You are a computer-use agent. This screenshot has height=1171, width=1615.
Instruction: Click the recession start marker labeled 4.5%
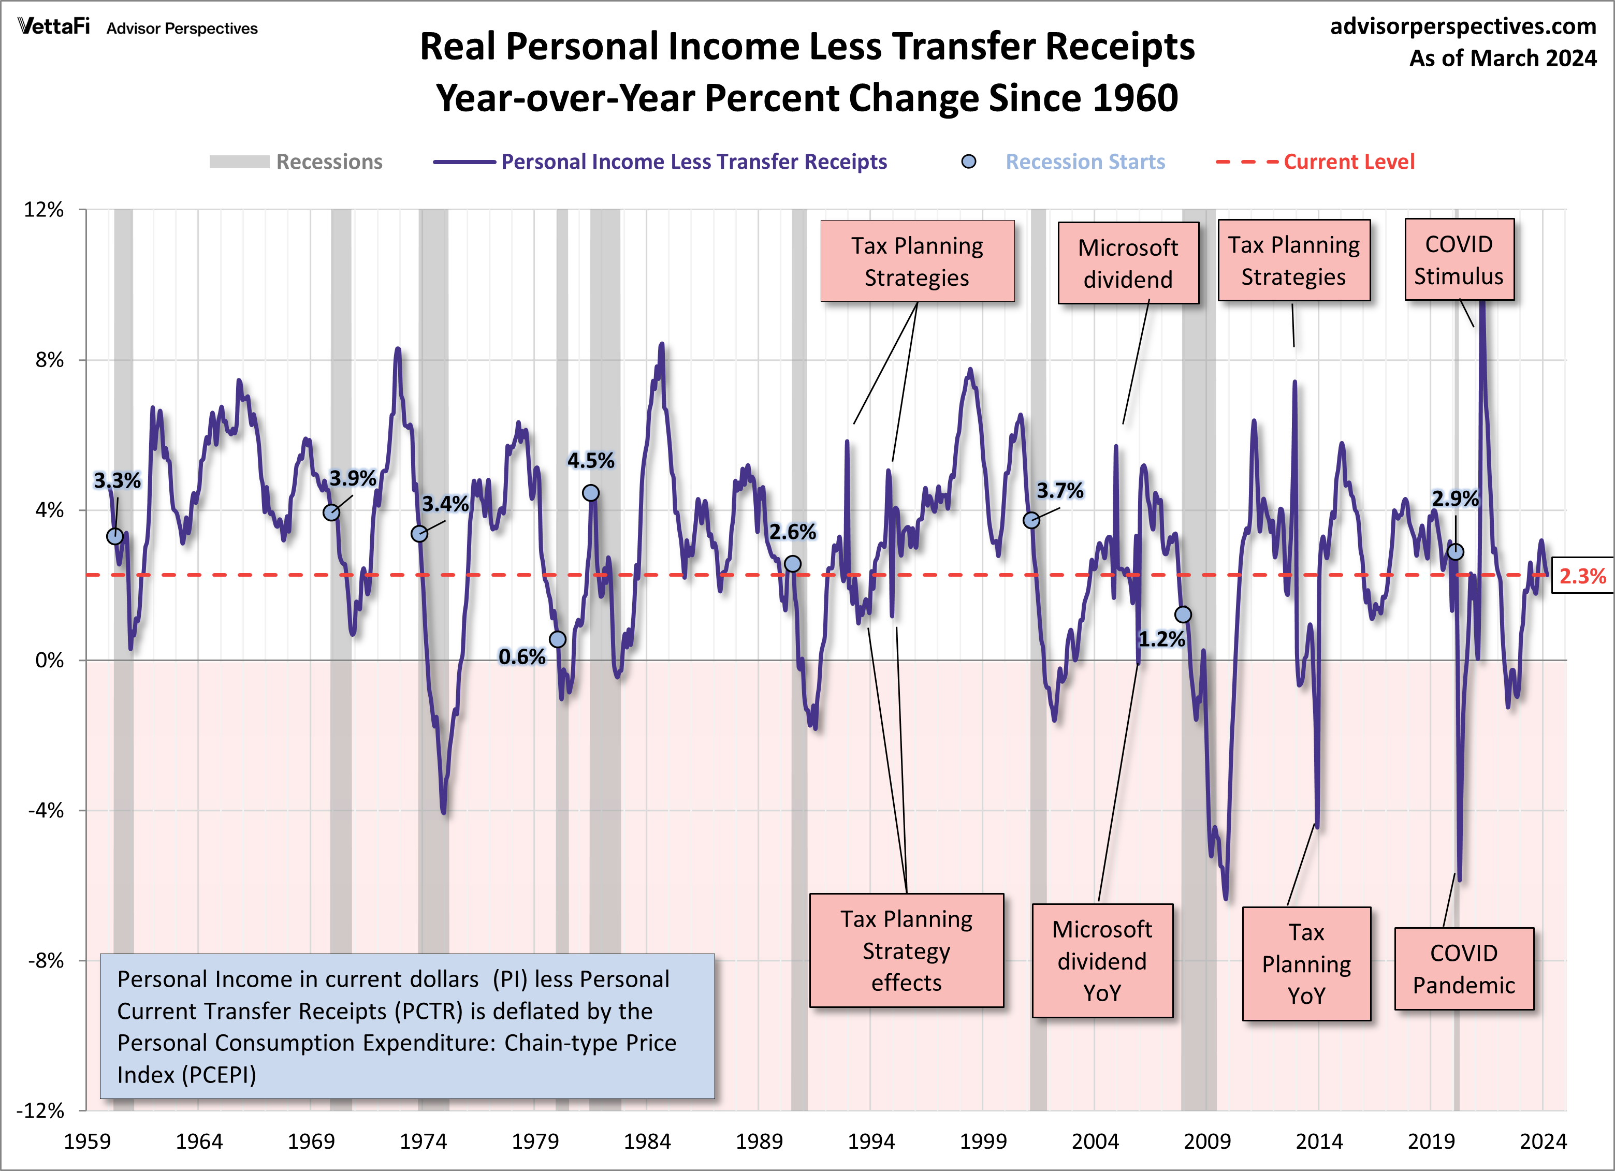(x=590, y=493)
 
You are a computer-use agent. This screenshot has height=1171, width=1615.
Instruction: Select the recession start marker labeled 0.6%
(x=558, y=639)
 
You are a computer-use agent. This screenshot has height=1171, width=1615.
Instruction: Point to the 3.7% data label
(x=1059, y=490)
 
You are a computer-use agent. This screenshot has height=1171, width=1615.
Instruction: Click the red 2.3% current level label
(x=1582, y=576)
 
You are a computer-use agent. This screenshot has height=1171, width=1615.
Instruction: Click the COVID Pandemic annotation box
(x=1463, y=968)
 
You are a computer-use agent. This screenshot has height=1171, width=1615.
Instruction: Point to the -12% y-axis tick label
(x=40, y=1110)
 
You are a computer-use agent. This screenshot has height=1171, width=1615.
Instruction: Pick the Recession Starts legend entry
(x=1084, y=163)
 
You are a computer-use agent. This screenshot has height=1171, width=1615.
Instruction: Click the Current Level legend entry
(x=1349, y=163)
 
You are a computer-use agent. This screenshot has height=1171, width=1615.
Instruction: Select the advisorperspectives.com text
(x=1463, y=26)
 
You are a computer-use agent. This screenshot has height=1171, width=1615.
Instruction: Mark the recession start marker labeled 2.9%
(x=1456, y=552)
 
